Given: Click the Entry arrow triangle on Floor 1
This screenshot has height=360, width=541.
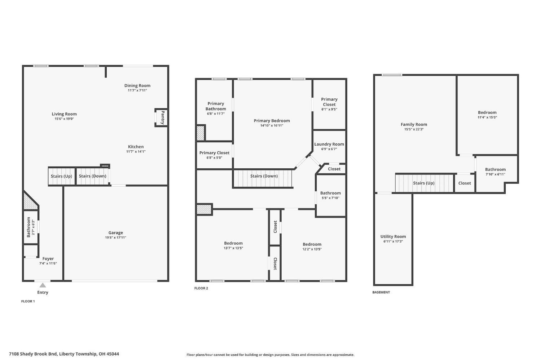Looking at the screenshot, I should [43, 285].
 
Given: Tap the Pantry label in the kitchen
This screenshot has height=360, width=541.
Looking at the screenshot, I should [163, 117].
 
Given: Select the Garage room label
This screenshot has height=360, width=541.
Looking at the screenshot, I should [115, 233].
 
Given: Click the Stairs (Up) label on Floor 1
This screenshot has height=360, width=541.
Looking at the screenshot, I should [61, 176].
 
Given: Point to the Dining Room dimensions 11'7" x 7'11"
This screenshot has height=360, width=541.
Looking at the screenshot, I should [137, 90].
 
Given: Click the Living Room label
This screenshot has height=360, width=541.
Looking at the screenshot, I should [64, 114].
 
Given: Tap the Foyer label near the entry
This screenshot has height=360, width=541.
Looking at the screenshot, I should [48, 259].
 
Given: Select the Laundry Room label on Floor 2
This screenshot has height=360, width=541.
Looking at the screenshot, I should [329, 144].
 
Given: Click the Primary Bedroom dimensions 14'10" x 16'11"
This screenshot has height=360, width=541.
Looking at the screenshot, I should [272, 126].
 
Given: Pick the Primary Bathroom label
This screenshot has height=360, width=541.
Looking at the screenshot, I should [216, 106].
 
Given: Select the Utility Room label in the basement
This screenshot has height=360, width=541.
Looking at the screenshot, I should [393, 237].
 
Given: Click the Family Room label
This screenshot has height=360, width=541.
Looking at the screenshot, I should [414, 124].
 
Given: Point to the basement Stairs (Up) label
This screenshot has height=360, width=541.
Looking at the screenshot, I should [423, 183].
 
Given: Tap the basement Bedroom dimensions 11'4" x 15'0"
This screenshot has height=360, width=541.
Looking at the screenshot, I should [487, 117].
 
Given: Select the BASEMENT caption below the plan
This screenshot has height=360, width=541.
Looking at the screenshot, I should [381, 292].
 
